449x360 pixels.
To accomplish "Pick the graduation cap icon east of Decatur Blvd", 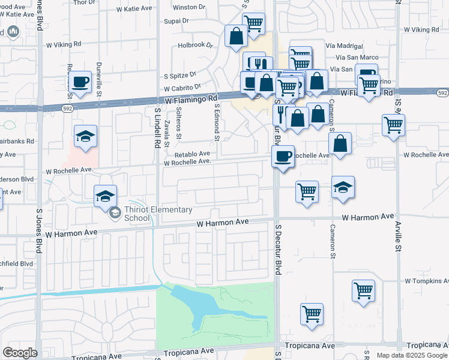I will point(343,187).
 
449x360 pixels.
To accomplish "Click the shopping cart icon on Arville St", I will point(393,125).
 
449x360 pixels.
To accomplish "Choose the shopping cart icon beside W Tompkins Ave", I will point(364,290).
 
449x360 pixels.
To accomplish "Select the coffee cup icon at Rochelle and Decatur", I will point(283,157).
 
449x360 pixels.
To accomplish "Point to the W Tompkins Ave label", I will point(426,281).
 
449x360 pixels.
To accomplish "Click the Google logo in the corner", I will point(20,353).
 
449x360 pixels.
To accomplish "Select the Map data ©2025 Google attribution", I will point(411,355).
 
